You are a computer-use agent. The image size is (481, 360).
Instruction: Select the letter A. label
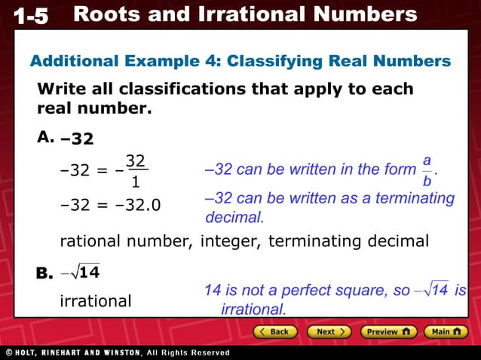click(x=45, y=137)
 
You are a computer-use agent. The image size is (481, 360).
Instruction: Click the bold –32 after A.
click(x=78, y=139)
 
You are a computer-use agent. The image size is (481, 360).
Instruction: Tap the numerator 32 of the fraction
click(x=136, y=160)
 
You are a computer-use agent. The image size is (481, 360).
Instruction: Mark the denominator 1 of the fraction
click(x=136, y=182)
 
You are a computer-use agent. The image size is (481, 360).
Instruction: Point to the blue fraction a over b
click(x=427, y=171)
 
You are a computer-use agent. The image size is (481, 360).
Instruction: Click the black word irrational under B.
click(x=95, y=301)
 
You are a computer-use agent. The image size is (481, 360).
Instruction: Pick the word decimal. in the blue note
click(x=234, y=218)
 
